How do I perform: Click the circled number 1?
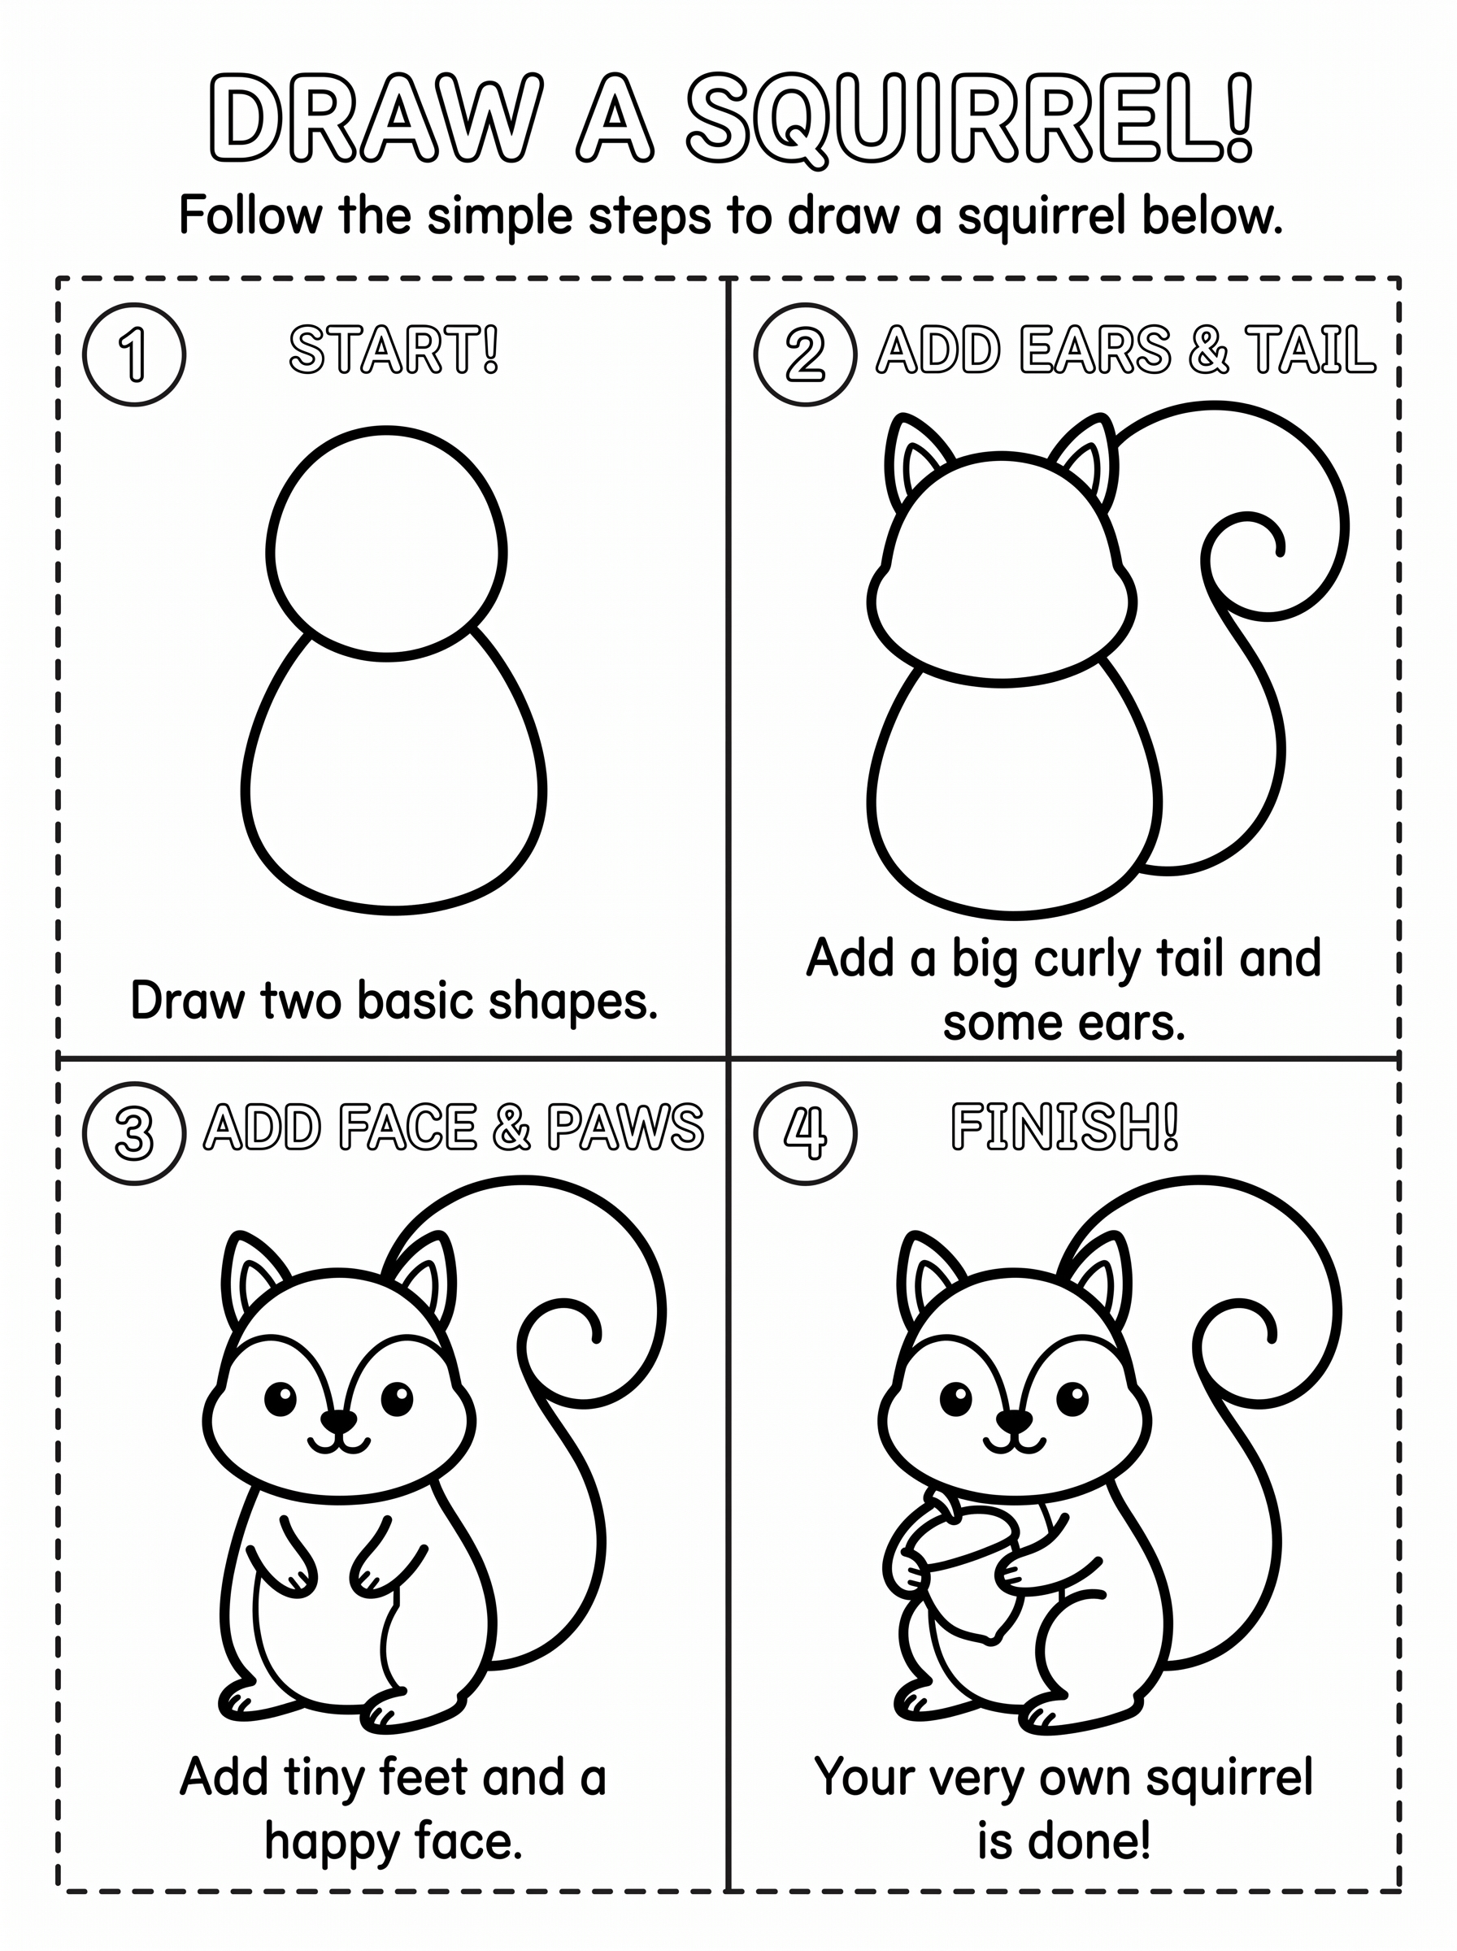pos(134,354)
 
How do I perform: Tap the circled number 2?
pos(805,354)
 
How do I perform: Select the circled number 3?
pos(134,1133)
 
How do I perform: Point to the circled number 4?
pos(805,1133)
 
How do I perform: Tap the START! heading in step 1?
pos(394,350)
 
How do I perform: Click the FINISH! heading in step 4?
pos(1064,1128)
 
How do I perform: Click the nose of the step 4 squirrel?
pos(1013,1420)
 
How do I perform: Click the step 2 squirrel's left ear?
pos(914,459)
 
